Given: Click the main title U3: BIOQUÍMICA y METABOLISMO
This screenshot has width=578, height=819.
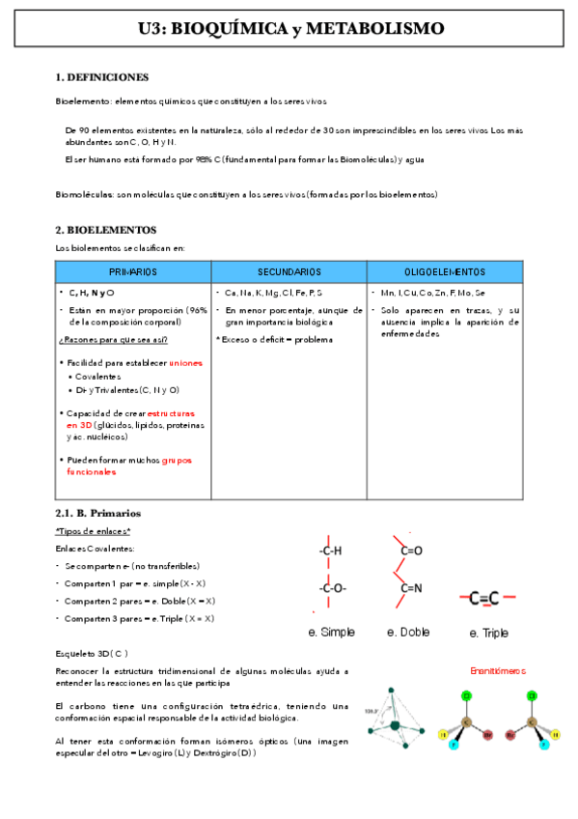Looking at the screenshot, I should [x=290, y=30].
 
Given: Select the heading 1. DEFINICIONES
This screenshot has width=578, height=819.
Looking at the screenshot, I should [x=102, y=77].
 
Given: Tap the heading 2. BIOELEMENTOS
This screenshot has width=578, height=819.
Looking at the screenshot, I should [x=105, y=230].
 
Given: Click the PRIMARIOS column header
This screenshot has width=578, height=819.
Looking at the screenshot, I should [x=133, y=272].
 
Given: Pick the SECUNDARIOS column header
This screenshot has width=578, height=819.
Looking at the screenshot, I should [x=289, y=272].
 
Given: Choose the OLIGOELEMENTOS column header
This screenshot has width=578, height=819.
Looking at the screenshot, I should [x=445, y=272].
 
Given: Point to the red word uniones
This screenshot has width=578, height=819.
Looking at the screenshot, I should [x=186, y=362].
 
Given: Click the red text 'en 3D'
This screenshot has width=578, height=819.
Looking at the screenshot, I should [x=78, y=425].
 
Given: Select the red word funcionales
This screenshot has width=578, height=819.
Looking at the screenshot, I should [x=92, y=472].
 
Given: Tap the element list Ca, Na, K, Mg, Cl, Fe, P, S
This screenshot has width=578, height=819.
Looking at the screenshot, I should [x=273, y=293].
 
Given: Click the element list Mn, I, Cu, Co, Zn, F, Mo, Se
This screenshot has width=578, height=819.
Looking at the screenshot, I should [x=432, y=293].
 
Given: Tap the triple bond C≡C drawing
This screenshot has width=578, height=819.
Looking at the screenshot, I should [x=489, y=599].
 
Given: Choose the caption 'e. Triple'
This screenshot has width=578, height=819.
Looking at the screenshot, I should [x=488, y=634].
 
